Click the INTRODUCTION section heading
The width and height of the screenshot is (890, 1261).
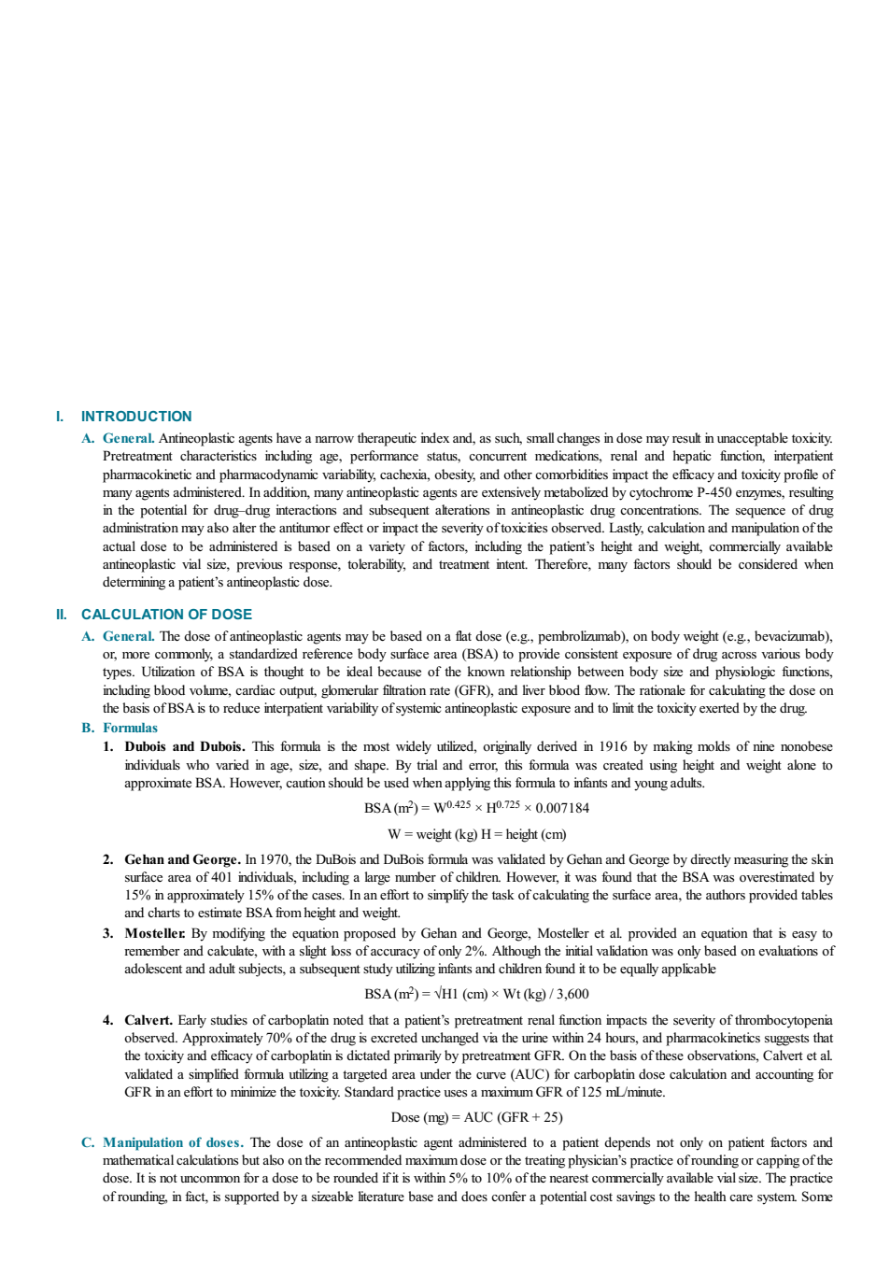136,416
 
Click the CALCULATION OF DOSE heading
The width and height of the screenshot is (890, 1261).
166,614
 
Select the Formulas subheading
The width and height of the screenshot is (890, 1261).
130,728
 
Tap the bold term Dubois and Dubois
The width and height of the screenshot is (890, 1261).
185,746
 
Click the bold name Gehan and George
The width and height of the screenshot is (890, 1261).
182,859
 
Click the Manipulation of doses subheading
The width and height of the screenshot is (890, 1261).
173,1142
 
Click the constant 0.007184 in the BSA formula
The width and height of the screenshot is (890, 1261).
562,808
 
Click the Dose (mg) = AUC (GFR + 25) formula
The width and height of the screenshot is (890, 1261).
477,1117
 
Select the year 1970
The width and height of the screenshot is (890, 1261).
275,859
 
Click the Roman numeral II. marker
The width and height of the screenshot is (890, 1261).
62,614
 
